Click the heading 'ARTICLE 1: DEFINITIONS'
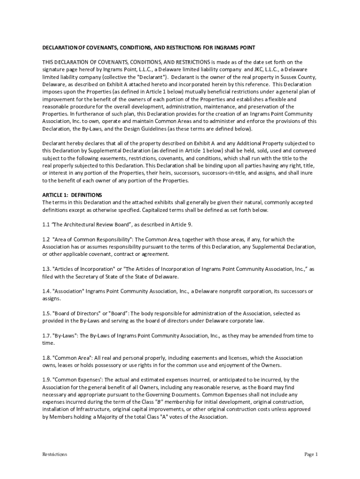coord(72,195)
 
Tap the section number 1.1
coord(46,225)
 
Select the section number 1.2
coord(46,239)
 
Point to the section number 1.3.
coord(47,269)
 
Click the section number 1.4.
coord(47,291)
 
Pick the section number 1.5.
coord(47,313)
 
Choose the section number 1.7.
coord(46,335)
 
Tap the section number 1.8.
coord(47,358)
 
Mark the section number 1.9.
coord(47,380)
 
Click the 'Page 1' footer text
coord(311,454)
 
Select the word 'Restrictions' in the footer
coord(55,454)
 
